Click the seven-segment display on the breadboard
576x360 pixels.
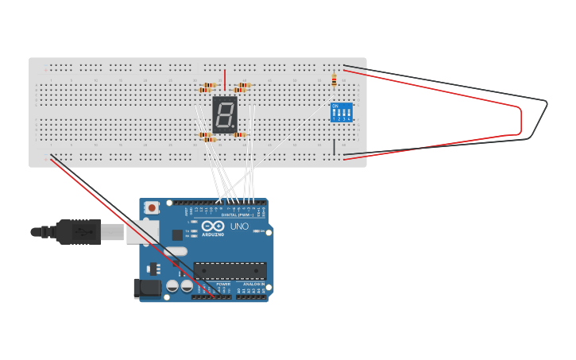click(x=225, y=114)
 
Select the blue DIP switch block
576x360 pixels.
click(x=342, y=112)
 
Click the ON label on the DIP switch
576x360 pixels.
click(x=335, y=106)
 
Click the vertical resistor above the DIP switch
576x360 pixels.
click(x=334, y=80)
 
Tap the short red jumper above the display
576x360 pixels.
click(x=225, y=79)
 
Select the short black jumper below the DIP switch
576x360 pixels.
click(x=334, y=147)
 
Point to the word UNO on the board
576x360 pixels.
click(x=239, y=226)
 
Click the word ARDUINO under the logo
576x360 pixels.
click(x=212, y=235)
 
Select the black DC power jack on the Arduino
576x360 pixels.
click(x=148, y=288)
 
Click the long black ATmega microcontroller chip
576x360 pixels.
click(x=230, y=271)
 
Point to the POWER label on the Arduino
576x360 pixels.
click(x=223, y=284)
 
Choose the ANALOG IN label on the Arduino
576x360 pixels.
click(x=253, y=284)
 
